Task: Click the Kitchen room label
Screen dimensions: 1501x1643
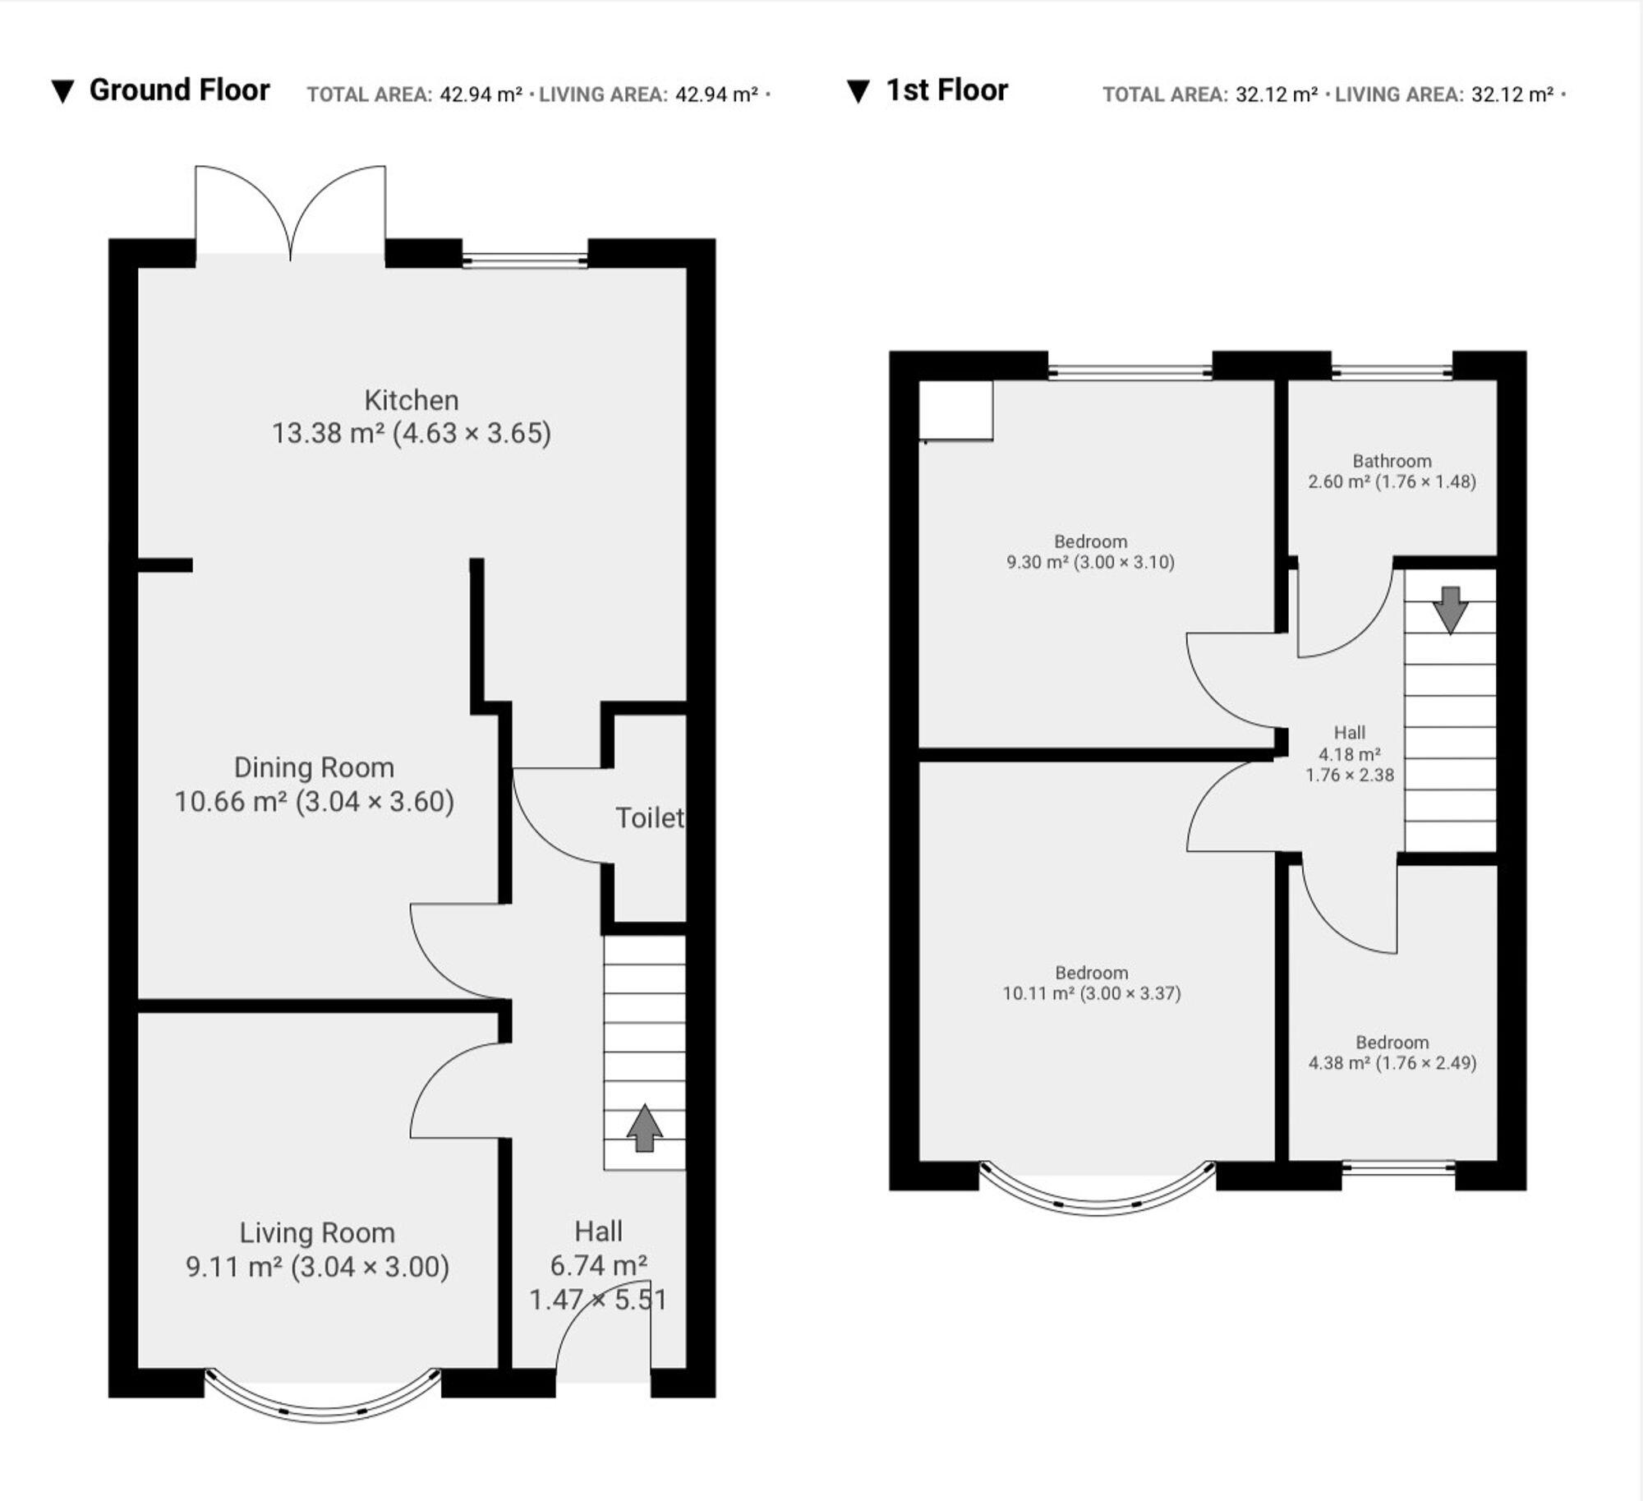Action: click(x=411, y=401)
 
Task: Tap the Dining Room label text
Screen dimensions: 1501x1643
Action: click(x=314, y=767)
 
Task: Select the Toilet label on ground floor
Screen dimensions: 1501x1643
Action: click(x=649, y=818)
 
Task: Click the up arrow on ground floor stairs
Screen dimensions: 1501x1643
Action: click(x=644, y=1127)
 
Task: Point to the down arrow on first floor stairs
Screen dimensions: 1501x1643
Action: click(x=1450, y=609)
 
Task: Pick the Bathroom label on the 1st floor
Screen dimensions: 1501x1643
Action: click(x=1392, y=461)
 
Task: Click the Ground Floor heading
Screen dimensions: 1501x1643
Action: click(x=179, y=90)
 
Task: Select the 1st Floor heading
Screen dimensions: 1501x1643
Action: click(x=946, y=90)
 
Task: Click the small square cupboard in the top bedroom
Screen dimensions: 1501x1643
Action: click(x=955, y=410)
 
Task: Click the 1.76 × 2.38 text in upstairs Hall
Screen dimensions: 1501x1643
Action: click(x=1350, y=775)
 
